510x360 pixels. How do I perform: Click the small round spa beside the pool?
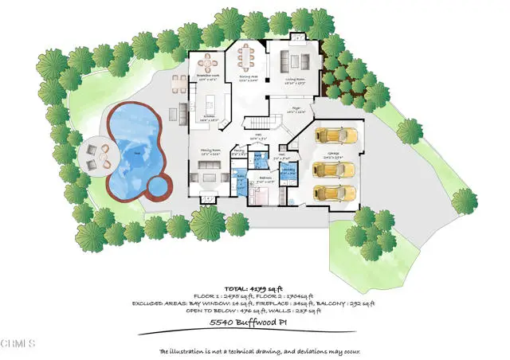click(x=161, y=187)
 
